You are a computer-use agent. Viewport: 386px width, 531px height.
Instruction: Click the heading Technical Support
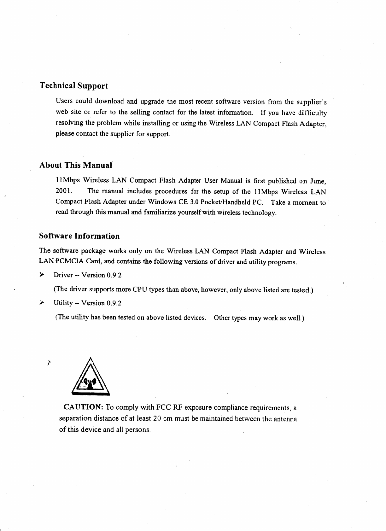click(x=73, y=86)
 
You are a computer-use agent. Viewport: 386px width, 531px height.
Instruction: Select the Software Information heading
click(x=79, y=236)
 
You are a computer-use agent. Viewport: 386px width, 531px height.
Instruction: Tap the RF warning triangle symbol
click(x=91, y=377)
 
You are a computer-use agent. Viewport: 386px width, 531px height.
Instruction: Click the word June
click(x=318, y=181)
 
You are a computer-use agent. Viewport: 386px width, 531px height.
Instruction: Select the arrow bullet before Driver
click(x=41, y=275)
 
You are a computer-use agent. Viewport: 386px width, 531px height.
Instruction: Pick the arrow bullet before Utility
click(x=41, y=303)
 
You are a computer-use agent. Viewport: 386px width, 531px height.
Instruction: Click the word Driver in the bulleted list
click(x=63, y=275)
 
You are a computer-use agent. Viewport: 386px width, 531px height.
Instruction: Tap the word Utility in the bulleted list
click(x=63, y=303)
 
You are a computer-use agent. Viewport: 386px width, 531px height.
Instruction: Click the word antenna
click(x=286, y=419)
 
